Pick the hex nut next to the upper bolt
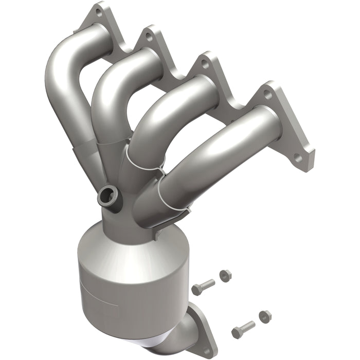coord(225,275)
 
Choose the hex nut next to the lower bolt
coord(264,315)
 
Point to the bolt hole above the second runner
coord(149,37)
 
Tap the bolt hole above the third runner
coord(205,65)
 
